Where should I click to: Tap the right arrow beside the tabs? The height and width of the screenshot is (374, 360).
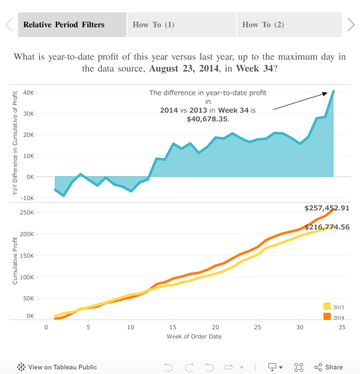click(351, 25)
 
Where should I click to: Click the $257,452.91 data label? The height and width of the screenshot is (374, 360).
click(327, 208)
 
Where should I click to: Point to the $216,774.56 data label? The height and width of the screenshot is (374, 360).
click(327, 227)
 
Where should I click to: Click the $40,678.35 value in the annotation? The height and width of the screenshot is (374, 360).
click(207, 119)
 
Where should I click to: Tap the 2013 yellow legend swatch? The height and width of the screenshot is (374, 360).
click(327, 307)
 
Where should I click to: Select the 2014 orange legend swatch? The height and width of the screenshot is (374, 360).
click(327, 316)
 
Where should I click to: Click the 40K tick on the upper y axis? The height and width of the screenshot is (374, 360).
click(28, 93)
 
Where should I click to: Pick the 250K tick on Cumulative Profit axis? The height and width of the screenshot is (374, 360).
click(27, 212)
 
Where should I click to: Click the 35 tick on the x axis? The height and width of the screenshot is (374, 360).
click(341, 327)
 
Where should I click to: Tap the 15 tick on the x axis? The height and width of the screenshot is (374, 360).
click(173, 327)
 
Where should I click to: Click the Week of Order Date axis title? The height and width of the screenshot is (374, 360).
click(194, 336)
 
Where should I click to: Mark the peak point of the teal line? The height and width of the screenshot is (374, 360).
click(333, 91)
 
